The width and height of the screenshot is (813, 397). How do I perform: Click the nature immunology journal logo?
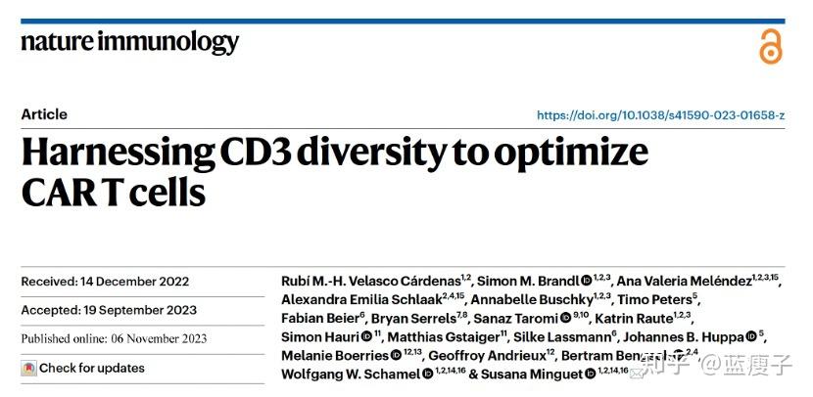[x=130, y=42]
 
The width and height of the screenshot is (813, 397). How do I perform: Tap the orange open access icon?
[x=771, y=45]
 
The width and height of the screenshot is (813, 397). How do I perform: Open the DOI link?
[x=660, y=115]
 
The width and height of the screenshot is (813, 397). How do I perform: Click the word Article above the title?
[x=44, y=114]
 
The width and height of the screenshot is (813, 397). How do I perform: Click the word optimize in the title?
[x=576, y=154]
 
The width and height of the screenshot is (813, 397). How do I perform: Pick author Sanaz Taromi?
[x=515, y=319]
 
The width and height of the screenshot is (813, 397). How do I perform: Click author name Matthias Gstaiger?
[x=445, y=337]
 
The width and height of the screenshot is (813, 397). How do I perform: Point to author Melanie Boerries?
[x=335, y=356]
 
